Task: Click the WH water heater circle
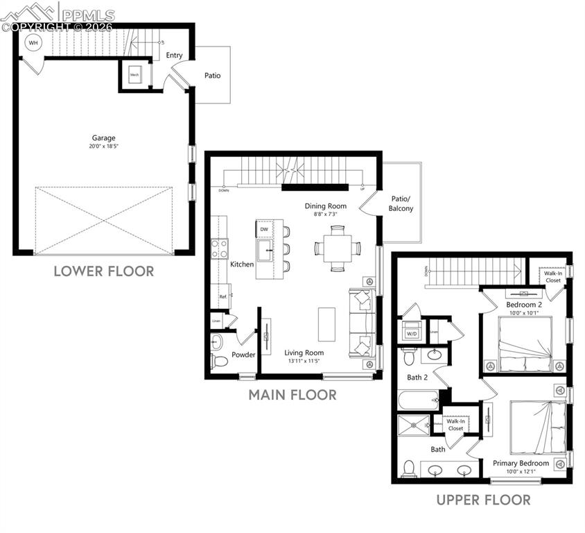[32, 42]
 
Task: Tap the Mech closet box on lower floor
[134, 75]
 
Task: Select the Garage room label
[103, 137]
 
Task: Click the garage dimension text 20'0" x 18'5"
[103, 147]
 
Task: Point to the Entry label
[174, 56]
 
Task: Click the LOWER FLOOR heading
[103, 271]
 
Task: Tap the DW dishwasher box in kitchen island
[264, 229]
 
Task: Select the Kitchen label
[242, 264]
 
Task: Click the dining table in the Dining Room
[337, 248]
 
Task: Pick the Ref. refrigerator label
[223, 297]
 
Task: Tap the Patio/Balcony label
[401, 203]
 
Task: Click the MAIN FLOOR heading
[292, 395]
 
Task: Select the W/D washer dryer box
[412, 333]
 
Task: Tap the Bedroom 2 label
[523, 305]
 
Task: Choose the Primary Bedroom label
[521, 463]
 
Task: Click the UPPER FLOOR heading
[483, 500]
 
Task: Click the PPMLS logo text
[87, 12]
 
